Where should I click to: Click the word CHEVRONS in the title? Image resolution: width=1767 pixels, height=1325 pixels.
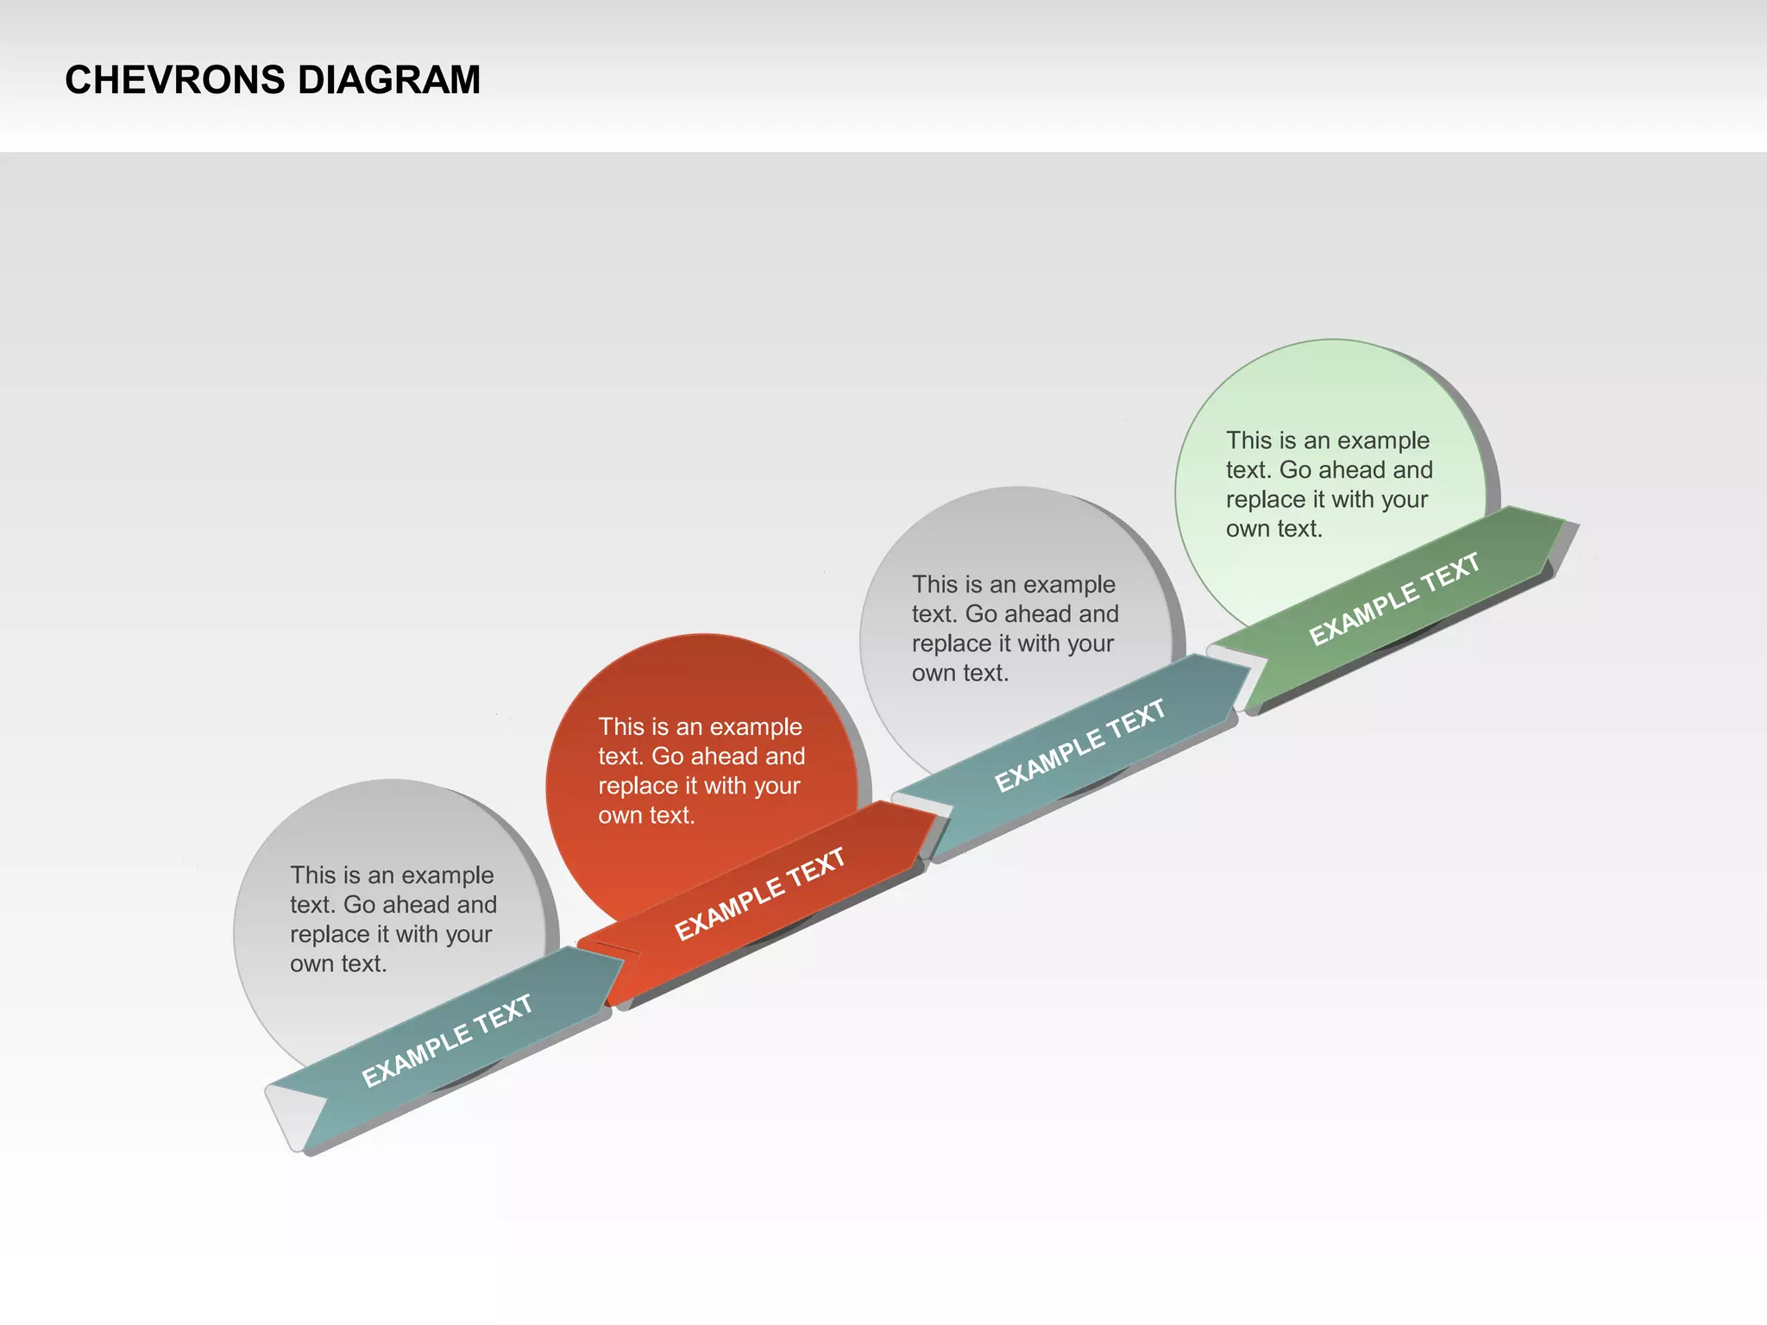[174, 80]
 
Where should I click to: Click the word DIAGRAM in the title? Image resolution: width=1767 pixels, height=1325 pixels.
[388, 80]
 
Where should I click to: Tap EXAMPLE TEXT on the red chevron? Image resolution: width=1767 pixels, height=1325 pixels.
[759, 894]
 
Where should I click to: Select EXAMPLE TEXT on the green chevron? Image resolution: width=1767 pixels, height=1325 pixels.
[1394, 599]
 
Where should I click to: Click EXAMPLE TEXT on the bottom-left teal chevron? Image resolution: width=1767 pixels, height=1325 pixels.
[446, 1041]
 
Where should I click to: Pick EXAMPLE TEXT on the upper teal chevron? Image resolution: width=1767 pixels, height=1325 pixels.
[1079, 745]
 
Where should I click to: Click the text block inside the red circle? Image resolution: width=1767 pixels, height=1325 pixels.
[701, 770]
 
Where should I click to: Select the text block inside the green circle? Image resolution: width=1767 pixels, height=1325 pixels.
[1329, 484]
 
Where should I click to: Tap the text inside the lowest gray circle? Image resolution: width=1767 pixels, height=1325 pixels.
[393, 919]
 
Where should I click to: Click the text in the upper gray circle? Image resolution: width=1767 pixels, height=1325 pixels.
[1015, 628]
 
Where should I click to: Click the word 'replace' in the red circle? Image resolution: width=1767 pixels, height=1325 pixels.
[637, 786]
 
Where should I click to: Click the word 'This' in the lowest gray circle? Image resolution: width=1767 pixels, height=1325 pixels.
[312, 875]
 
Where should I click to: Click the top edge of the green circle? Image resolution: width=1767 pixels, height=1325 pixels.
[1330, 340]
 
